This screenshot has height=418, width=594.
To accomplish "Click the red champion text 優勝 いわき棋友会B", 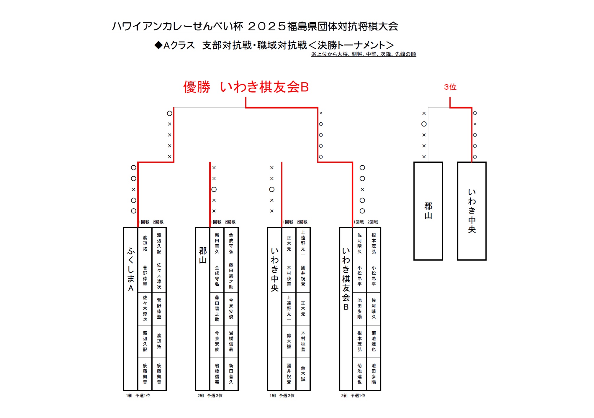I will [x=246, y=87].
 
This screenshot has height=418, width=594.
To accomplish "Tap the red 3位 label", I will [x=450, y=87].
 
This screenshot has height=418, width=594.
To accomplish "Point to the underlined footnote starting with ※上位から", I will [x=363, y=54].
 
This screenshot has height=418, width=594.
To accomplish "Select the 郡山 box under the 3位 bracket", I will [x=428, y=211].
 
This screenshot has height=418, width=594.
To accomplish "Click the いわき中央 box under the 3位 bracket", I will [x=472, y=211].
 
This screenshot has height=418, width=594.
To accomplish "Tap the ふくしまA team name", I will [x=131, y=270].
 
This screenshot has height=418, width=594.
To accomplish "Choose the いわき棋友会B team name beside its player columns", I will [x=346, y=279].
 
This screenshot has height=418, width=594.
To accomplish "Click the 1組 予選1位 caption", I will [x=138, y=396].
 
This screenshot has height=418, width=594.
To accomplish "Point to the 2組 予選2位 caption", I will [x=210, y=396].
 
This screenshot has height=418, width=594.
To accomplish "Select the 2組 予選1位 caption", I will [x=353, y=396].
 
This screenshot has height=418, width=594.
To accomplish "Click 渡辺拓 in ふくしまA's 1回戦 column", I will [x=145, y=243].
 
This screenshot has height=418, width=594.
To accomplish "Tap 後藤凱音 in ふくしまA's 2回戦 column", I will [x=159, y=374].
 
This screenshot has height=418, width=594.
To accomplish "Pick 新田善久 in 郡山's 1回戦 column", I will [x=217, y=243].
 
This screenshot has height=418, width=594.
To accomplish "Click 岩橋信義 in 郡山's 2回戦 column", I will [x=231, y=341].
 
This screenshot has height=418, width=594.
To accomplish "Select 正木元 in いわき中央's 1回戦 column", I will [x=289, y=243].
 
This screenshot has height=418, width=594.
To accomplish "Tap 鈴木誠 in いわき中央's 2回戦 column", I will [x=303, y=374].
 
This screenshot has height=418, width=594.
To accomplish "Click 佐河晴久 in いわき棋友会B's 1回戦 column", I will [x=359, y=243].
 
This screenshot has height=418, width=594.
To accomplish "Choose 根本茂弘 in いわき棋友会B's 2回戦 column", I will [x=374, y=243].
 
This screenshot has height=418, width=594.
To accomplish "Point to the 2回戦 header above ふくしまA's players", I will [x=158, y=222].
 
